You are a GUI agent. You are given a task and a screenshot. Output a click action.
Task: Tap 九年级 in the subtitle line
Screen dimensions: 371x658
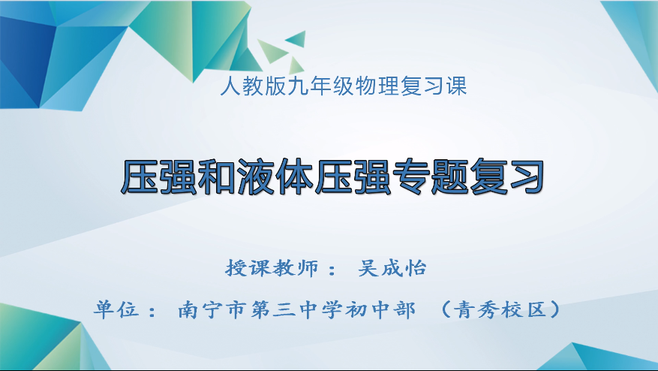(x=310, y=86)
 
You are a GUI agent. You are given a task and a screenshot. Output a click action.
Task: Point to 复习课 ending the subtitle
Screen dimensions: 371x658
(x=432, y=86)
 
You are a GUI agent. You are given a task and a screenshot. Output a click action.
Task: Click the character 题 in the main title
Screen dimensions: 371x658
(x=464, y=177)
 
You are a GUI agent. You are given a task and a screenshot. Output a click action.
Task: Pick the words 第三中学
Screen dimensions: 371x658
(x=296, y=309)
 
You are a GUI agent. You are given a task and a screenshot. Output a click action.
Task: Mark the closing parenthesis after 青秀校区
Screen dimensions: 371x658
(x=553, y=309)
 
